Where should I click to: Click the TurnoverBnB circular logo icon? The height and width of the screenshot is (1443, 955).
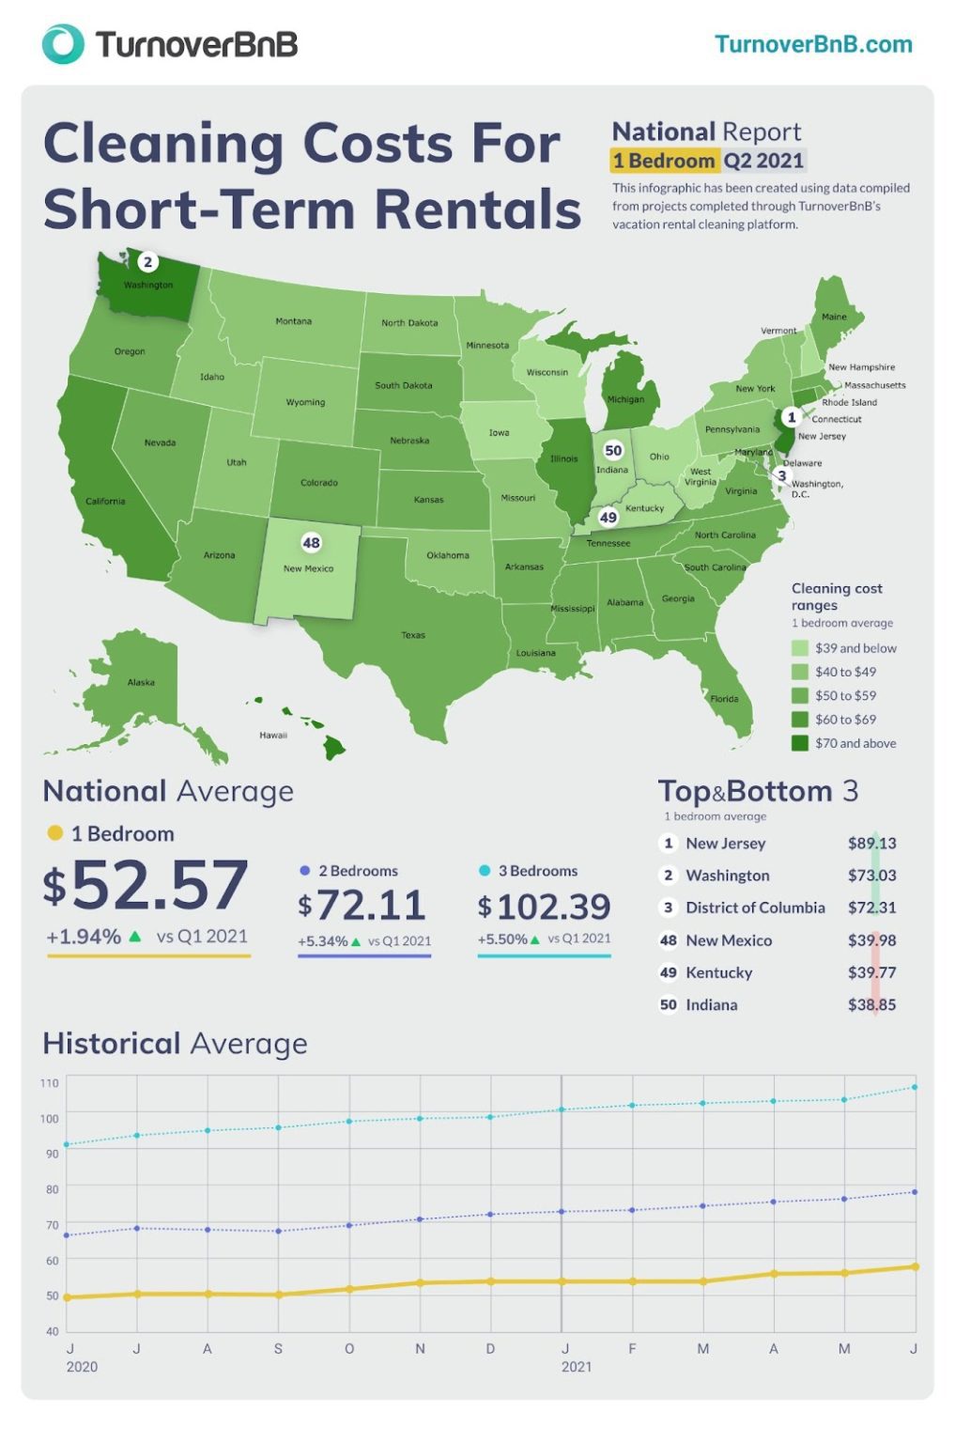coord(62,44)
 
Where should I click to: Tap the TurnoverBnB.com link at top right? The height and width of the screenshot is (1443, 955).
coord(812,44)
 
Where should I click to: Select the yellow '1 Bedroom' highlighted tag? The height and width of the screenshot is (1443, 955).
coord(664,161)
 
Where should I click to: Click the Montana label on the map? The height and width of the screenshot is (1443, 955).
coord(293,321)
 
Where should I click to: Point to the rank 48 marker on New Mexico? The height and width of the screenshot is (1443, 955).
coord(311,543)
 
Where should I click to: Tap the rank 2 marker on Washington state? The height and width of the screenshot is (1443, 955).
coord(147,262)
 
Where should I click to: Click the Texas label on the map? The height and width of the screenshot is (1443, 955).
coord(413,635)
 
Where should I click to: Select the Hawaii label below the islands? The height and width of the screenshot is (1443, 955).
coord(273,735)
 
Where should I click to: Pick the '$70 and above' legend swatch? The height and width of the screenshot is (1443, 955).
coord(799,743)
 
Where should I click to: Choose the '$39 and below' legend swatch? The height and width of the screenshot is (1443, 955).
coord(799,648)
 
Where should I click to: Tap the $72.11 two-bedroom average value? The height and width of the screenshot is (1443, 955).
coord(362,906)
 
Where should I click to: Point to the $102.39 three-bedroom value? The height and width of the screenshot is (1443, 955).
coord(544,907)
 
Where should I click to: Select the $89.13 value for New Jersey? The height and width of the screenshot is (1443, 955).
coord(870,844)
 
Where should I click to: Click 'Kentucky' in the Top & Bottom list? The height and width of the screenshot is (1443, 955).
coord(718,972)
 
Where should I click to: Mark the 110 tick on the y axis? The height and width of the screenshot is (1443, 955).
coord(50,1083)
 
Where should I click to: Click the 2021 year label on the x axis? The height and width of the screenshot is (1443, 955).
coord(576,1367)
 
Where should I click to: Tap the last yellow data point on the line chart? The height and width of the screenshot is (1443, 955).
coord(915,1266)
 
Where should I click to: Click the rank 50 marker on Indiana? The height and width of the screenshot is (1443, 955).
coord(613,451)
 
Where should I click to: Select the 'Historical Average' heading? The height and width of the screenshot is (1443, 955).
coord(175,1044)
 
